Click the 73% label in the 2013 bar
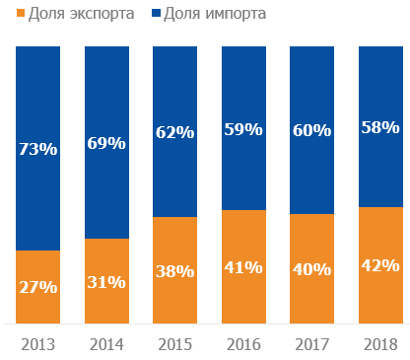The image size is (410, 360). pos(37,150)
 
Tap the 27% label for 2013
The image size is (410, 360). pos(37,287)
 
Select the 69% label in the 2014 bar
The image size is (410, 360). pos(106,143)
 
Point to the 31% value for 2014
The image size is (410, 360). pos(106,281)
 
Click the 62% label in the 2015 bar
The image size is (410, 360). pos(174,131)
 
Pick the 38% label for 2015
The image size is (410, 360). pos(174,270)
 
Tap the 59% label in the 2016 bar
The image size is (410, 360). pos(242,128)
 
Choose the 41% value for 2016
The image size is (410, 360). pos(242,266)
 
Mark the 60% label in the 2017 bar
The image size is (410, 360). pos(311,129)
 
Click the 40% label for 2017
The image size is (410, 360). pos(311,268)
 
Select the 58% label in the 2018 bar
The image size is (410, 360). pos(379,126)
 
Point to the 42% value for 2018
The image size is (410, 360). pos(379,265)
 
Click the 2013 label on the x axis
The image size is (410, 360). pos(37,344)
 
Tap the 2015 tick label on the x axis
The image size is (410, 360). pos(174,344)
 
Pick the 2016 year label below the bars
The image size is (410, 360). pos(242,344)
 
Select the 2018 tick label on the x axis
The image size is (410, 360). pos(379,344)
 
